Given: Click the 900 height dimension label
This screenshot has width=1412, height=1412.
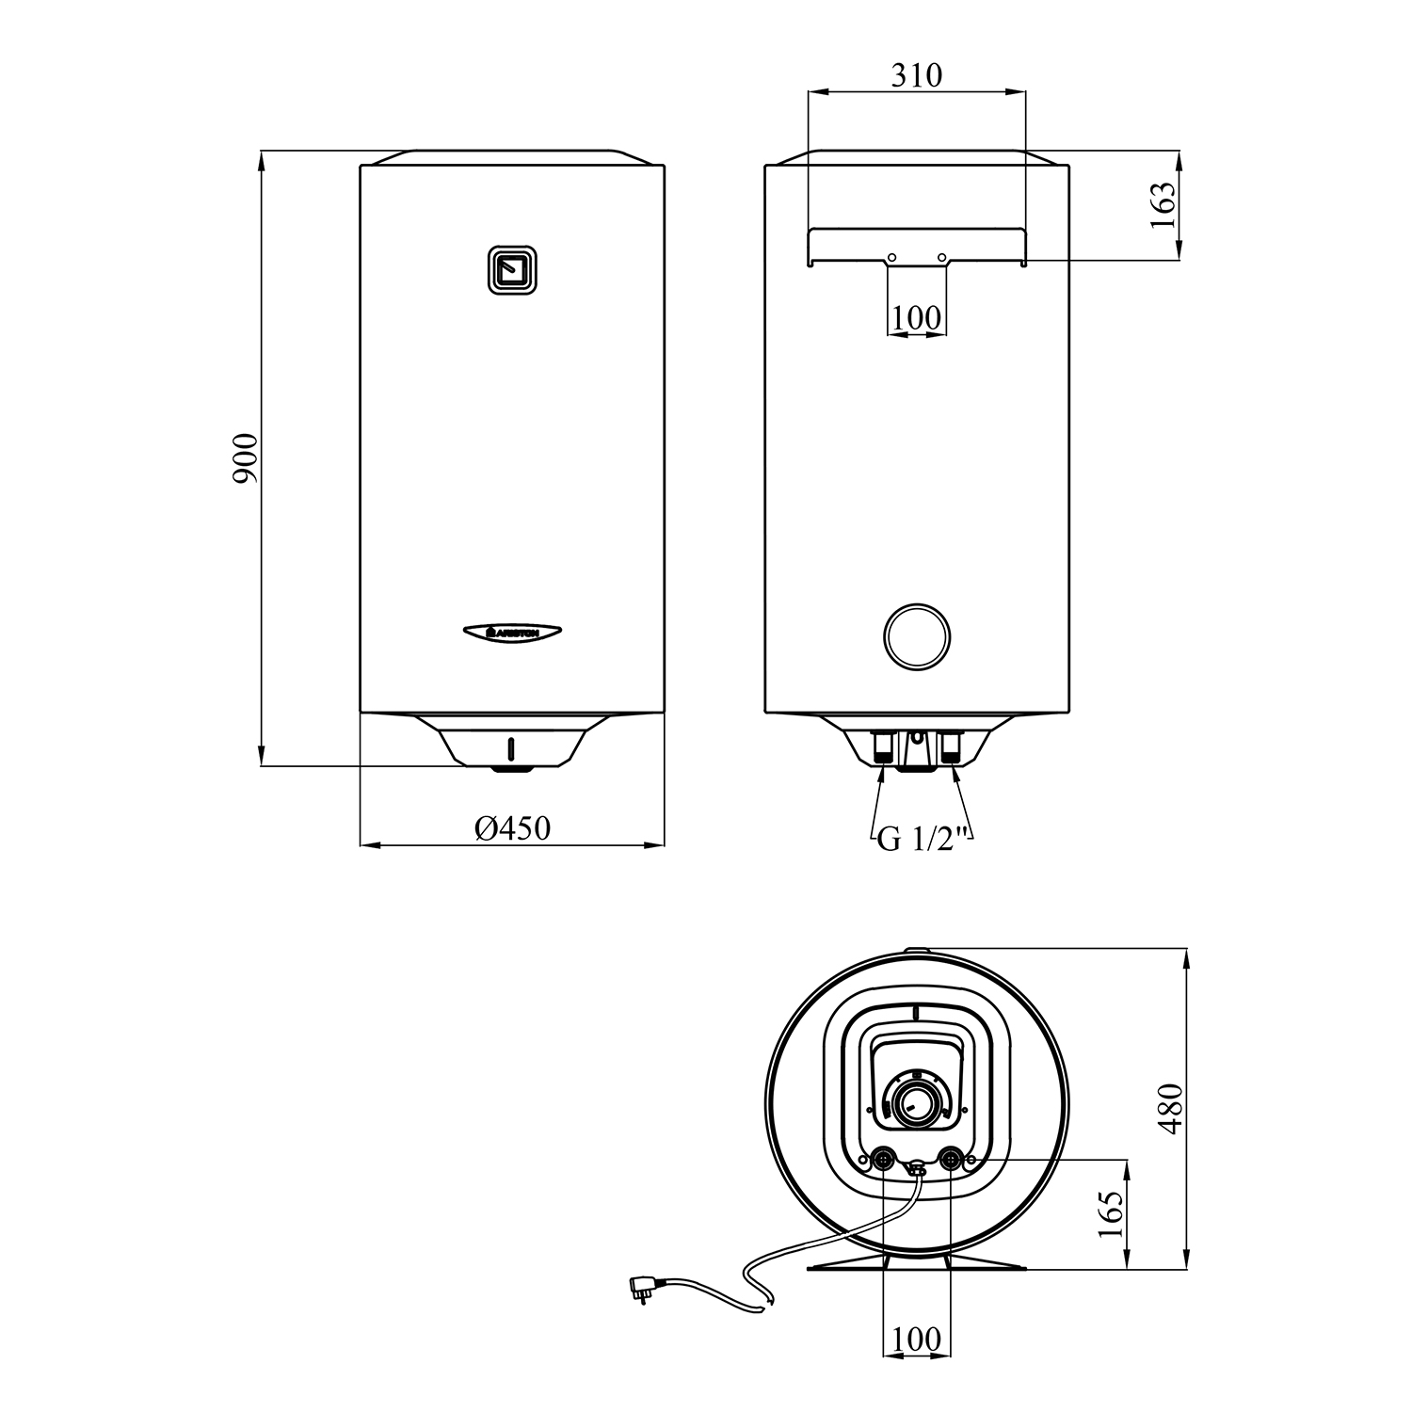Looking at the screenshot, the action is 245,458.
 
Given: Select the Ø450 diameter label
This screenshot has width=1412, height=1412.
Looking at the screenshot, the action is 512,827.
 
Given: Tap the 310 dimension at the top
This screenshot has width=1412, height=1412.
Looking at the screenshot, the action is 916,74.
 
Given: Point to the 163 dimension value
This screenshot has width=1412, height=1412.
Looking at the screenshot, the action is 1163,205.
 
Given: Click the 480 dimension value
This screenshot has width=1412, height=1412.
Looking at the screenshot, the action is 1170,1109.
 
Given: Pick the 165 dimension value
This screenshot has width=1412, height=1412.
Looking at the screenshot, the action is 1112,1214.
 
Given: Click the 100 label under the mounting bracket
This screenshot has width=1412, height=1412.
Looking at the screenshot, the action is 916,317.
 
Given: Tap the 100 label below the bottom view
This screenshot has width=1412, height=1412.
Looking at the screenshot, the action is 916,1339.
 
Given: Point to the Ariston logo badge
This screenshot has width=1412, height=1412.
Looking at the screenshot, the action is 512,633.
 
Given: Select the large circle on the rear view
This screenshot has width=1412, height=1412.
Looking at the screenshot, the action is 917,637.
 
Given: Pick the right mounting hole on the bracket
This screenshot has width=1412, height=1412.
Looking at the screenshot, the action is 941,257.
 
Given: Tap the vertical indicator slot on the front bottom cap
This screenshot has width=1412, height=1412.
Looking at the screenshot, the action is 511,748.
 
